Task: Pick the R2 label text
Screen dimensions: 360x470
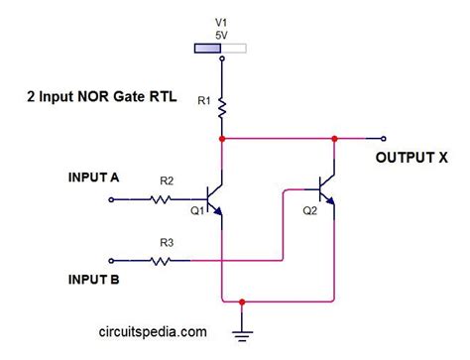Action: [x=166, y=181]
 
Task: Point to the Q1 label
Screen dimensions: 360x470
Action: [x=196, y=211]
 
